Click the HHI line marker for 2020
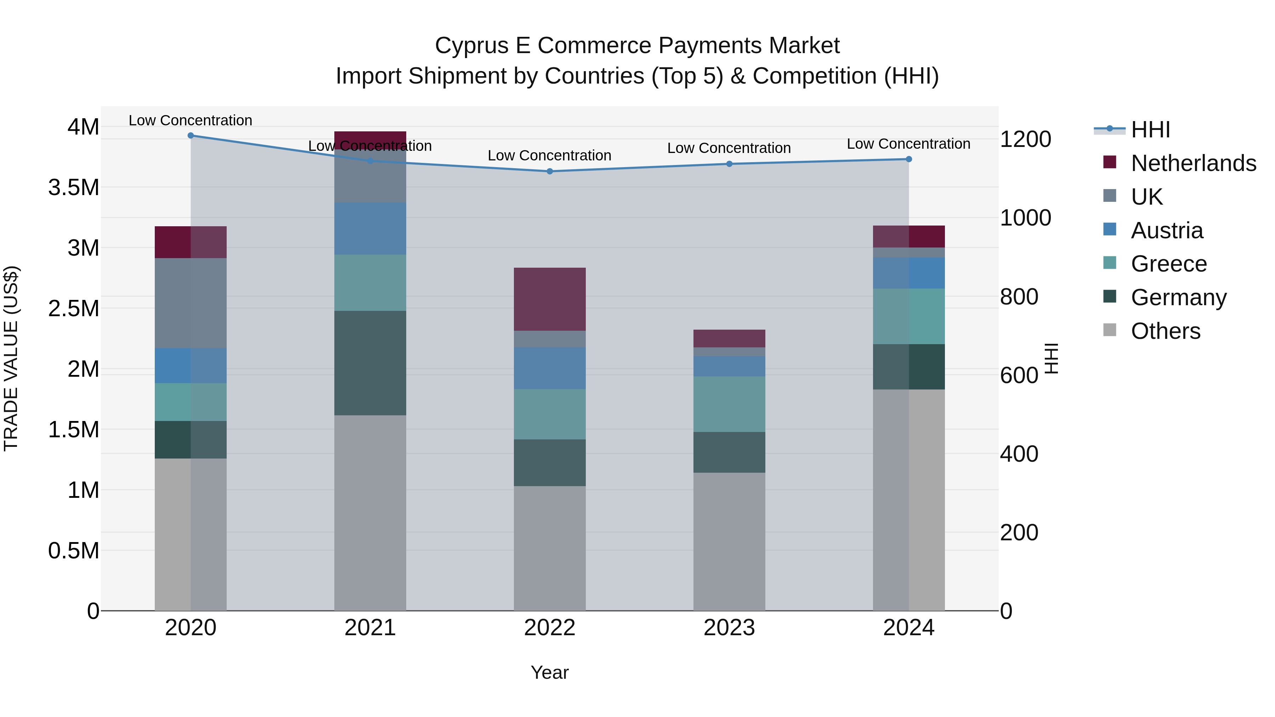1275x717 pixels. (191, 136)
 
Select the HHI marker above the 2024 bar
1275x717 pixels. (909, 159)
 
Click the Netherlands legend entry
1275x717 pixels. (1193, 163)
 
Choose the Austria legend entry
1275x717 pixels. (1167, 231)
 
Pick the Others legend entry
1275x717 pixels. (1165, 331)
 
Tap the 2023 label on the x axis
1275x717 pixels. (729, 628)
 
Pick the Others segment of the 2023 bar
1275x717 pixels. (729, 541)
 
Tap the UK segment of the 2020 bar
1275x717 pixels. (191, 303)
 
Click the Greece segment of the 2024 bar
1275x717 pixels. (909, 316)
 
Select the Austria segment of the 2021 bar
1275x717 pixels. (370, 229)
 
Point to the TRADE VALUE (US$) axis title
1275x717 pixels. (11, 358)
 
